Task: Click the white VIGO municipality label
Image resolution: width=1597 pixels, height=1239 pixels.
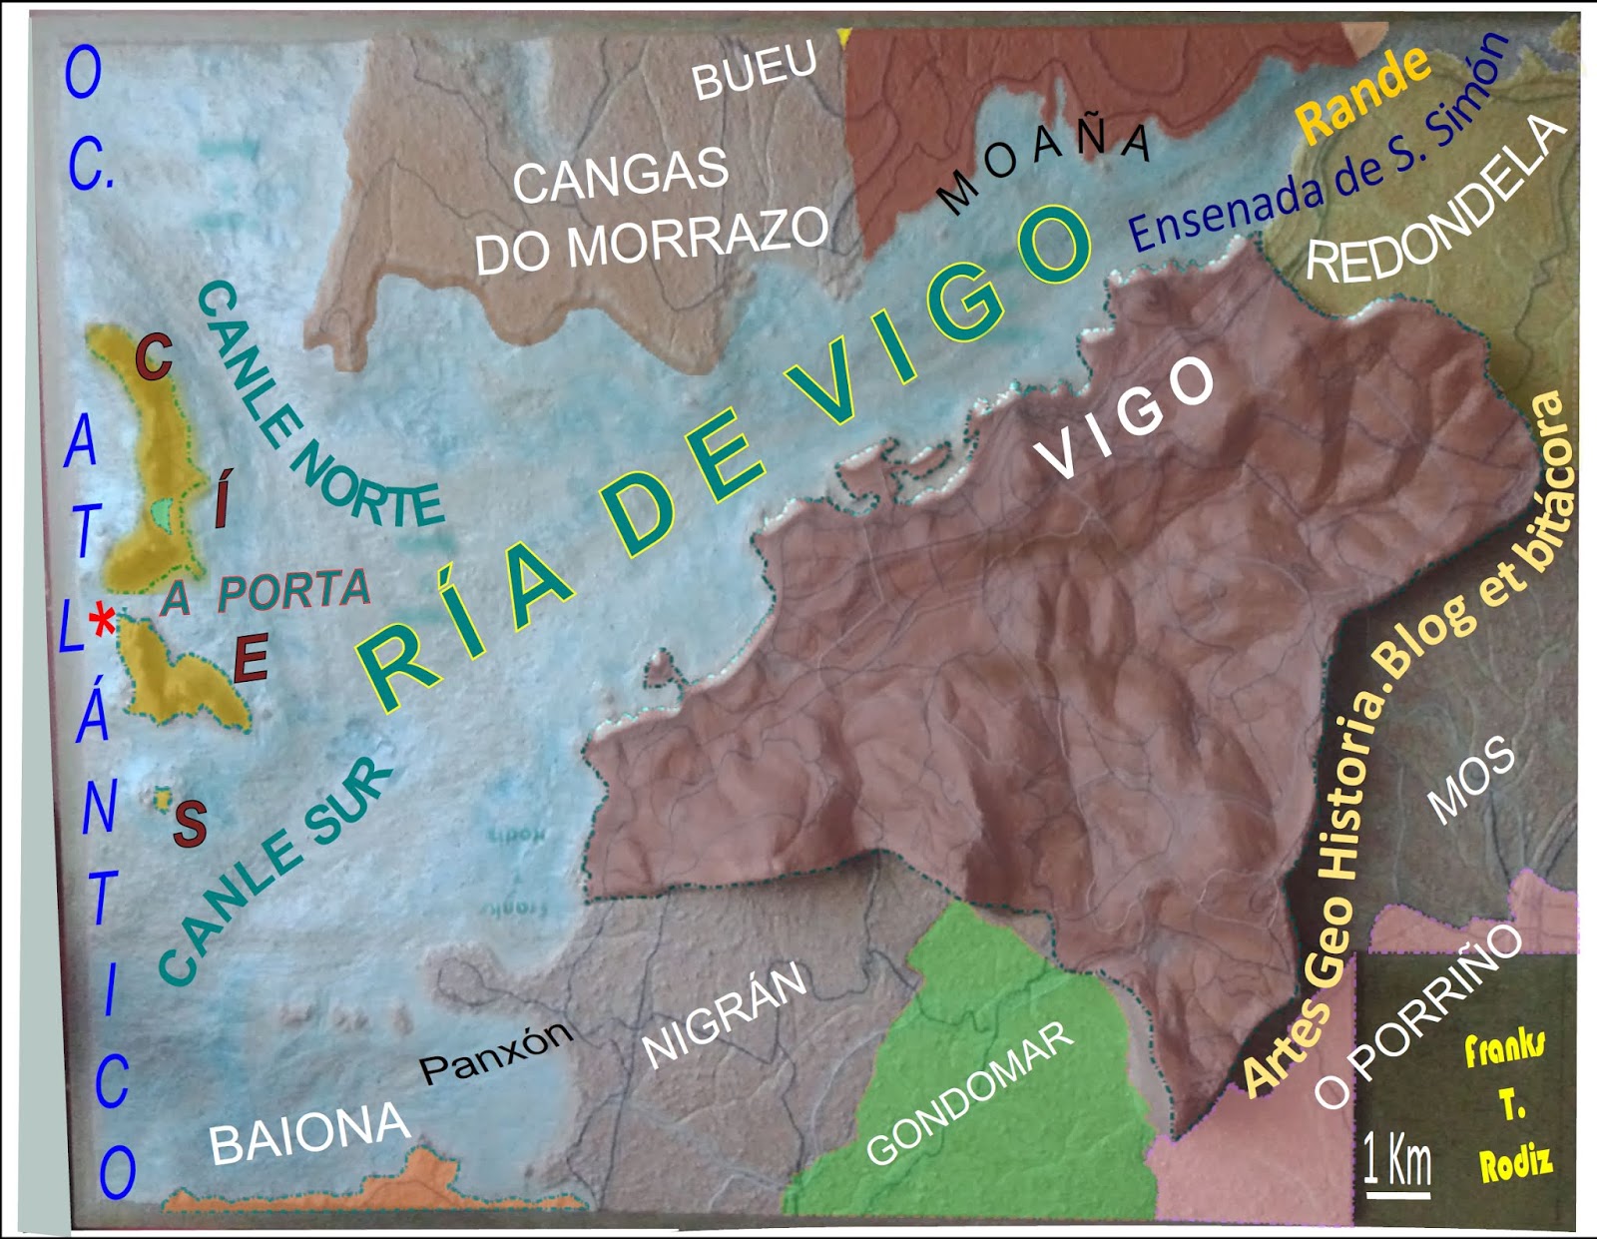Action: pos(1126,417)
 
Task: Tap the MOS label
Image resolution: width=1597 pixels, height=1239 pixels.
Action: pos(1470,781)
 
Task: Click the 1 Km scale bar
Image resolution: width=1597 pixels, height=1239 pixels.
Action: pos(1397,1168)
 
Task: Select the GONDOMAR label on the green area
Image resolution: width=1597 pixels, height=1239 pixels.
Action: pos(970,1094)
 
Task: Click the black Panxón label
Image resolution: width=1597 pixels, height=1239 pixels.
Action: pos(496,1053)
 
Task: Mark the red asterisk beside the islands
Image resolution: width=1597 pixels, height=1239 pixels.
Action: pos(102,622)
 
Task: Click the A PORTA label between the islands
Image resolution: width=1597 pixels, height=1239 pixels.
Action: pos(267,594)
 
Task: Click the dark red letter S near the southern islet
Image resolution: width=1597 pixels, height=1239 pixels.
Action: pos(190,824)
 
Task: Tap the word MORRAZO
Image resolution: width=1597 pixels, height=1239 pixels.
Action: pos(698,240)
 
